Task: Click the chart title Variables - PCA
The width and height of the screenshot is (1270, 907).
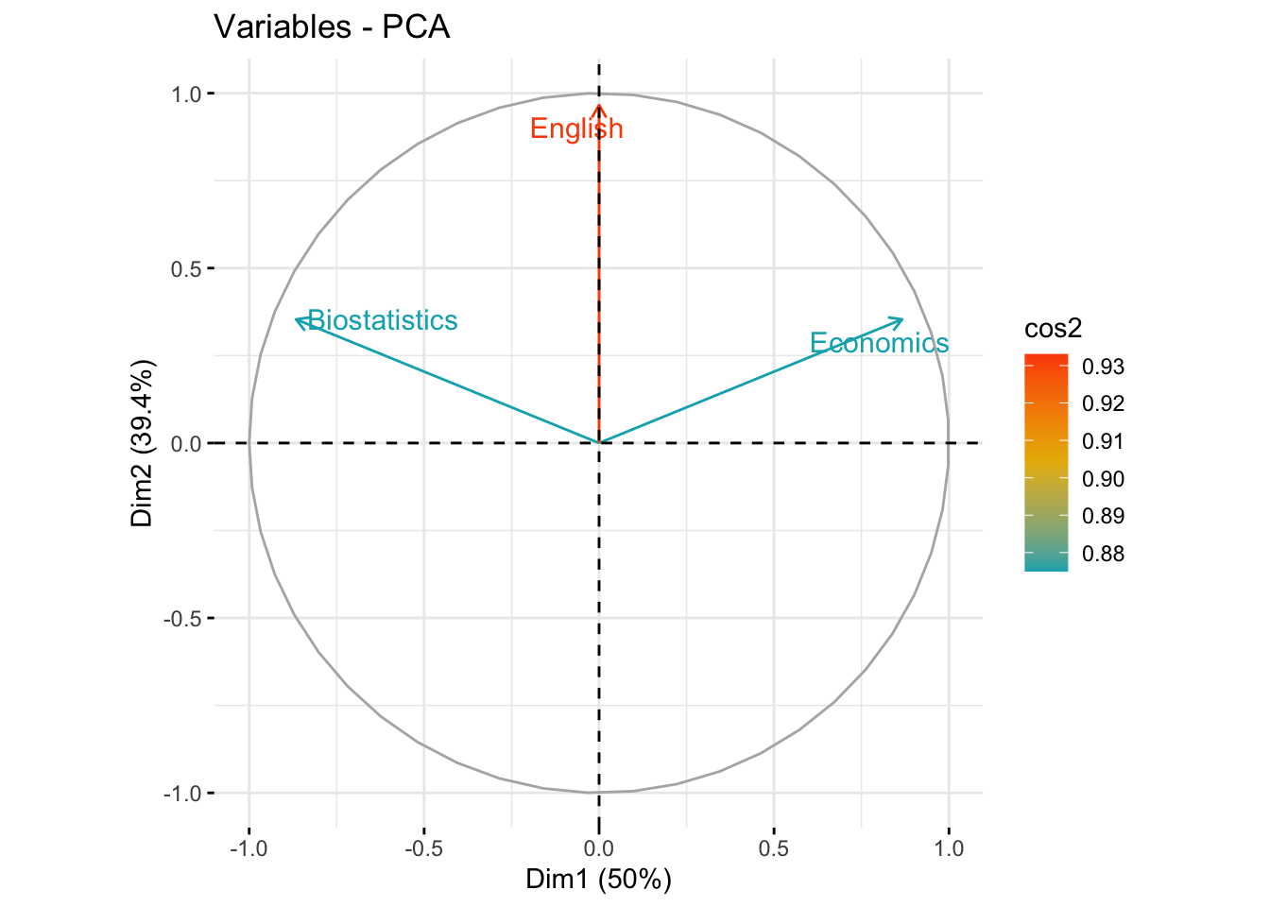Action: (x=332, y=26)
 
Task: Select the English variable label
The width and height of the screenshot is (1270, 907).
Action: (x=576, y=128)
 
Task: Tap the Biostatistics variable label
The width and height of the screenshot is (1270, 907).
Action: (x=383, y=320)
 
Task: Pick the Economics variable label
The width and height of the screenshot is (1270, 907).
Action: (x=879, y=343)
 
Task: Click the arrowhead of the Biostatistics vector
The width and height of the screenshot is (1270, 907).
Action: (x=298, y=319)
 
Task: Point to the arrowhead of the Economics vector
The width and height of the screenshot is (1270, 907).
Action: (x=901, y=319)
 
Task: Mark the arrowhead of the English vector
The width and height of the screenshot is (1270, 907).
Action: (x=599, y=108)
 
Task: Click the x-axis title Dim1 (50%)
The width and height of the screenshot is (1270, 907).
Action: (x=598, y=880)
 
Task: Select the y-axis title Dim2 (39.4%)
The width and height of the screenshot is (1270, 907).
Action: (x=143, y=443)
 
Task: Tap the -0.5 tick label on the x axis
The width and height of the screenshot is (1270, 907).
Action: (x=423, y=847)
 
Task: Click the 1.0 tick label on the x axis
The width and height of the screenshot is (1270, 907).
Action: (x=949, y=847)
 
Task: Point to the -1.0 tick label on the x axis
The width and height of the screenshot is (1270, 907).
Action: (x=249, y=847)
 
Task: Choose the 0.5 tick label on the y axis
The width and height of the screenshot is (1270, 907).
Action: (x=185, y=268)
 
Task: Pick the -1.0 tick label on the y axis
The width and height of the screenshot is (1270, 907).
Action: (x=182, y=794)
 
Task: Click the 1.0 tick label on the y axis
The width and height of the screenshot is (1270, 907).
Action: (x=185, y=94)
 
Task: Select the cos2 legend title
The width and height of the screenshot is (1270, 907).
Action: (x=1053, y=328)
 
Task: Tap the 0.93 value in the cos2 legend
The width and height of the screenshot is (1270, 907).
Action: (x=1104, y=367)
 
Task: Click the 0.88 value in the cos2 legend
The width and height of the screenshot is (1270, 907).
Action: (x=1104, y=554)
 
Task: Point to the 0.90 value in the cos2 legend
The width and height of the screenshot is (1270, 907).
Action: (x=1104, y=479)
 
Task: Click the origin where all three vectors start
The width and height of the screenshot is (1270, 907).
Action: (x=599, y=442)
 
